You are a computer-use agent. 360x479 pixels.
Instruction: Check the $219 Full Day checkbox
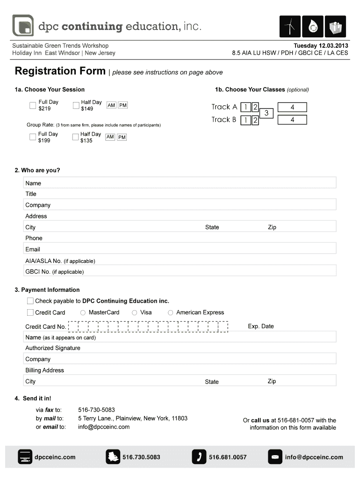point(32,105)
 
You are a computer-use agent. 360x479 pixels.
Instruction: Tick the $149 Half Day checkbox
point(76,105)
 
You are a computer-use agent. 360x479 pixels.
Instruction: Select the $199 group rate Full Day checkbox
point(32,137)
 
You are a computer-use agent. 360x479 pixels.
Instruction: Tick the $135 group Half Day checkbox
point(76,137)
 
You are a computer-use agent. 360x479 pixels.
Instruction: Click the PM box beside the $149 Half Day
point(123,105)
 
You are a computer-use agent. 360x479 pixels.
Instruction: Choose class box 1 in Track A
point(245,107)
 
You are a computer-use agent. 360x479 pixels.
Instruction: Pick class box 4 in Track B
point(292,120)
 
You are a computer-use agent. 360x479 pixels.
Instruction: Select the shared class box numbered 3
point(266,113)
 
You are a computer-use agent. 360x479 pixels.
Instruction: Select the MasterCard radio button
point(83,312)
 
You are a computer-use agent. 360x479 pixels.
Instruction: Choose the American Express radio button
point(171,312)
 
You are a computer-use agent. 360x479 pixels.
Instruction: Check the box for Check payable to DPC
point(30,301)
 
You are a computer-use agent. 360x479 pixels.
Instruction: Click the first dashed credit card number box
point(73,327)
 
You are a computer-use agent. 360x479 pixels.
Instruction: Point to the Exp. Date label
point(261,326)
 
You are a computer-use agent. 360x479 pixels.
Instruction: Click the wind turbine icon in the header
point(290,27)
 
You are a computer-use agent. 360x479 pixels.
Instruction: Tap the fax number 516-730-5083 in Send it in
point(96,410)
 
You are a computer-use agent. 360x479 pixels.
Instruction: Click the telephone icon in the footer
point(199,457)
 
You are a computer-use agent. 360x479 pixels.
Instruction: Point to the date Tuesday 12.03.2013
point(321,46)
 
